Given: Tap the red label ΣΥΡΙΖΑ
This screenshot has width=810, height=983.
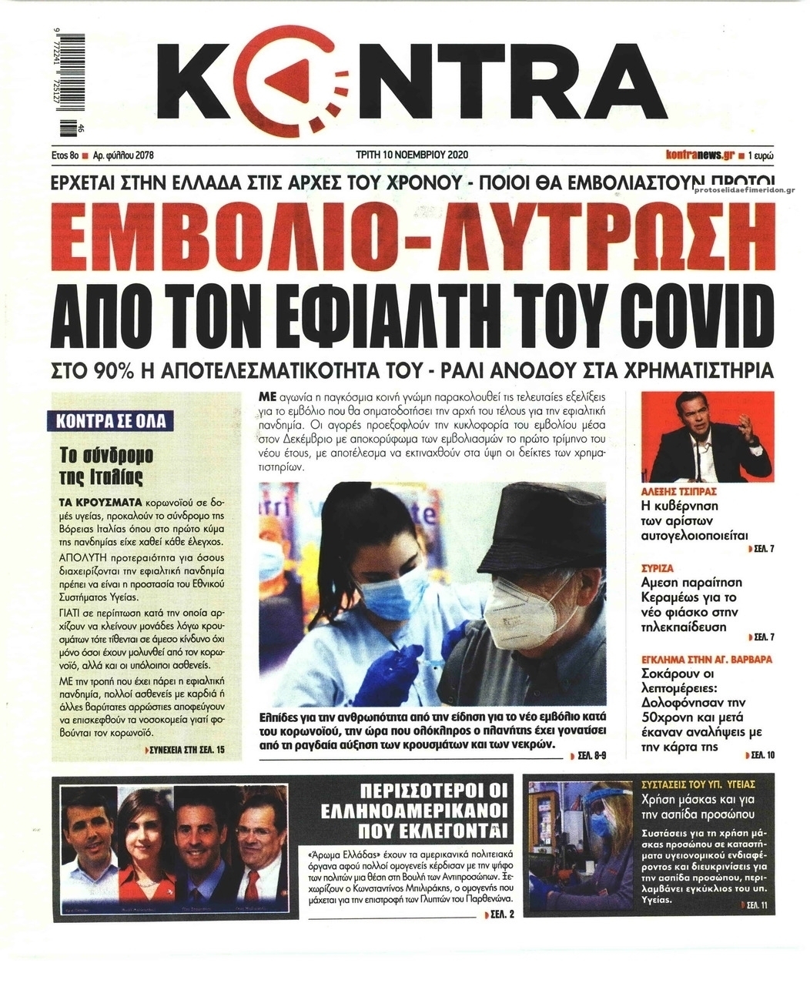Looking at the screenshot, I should (658, 568).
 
